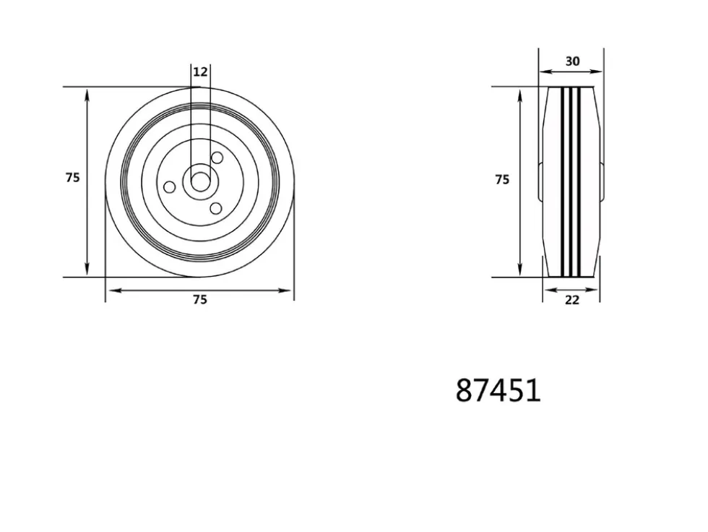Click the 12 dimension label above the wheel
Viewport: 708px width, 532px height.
[200, 72]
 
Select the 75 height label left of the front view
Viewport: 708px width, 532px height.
[73, 178]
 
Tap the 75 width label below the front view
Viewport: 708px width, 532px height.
[200, 299]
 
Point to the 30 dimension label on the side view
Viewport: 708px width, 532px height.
[572, 61]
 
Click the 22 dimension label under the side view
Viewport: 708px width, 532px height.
[572, 300]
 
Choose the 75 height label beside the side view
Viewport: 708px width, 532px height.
[502, 180]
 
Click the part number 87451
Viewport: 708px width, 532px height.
[498, 390]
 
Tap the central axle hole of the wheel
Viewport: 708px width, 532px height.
[200, 182]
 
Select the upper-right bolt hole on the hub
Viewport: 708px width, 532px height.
[217, 158]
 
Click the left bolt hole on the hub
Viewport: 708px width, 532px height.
[169, 186]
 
